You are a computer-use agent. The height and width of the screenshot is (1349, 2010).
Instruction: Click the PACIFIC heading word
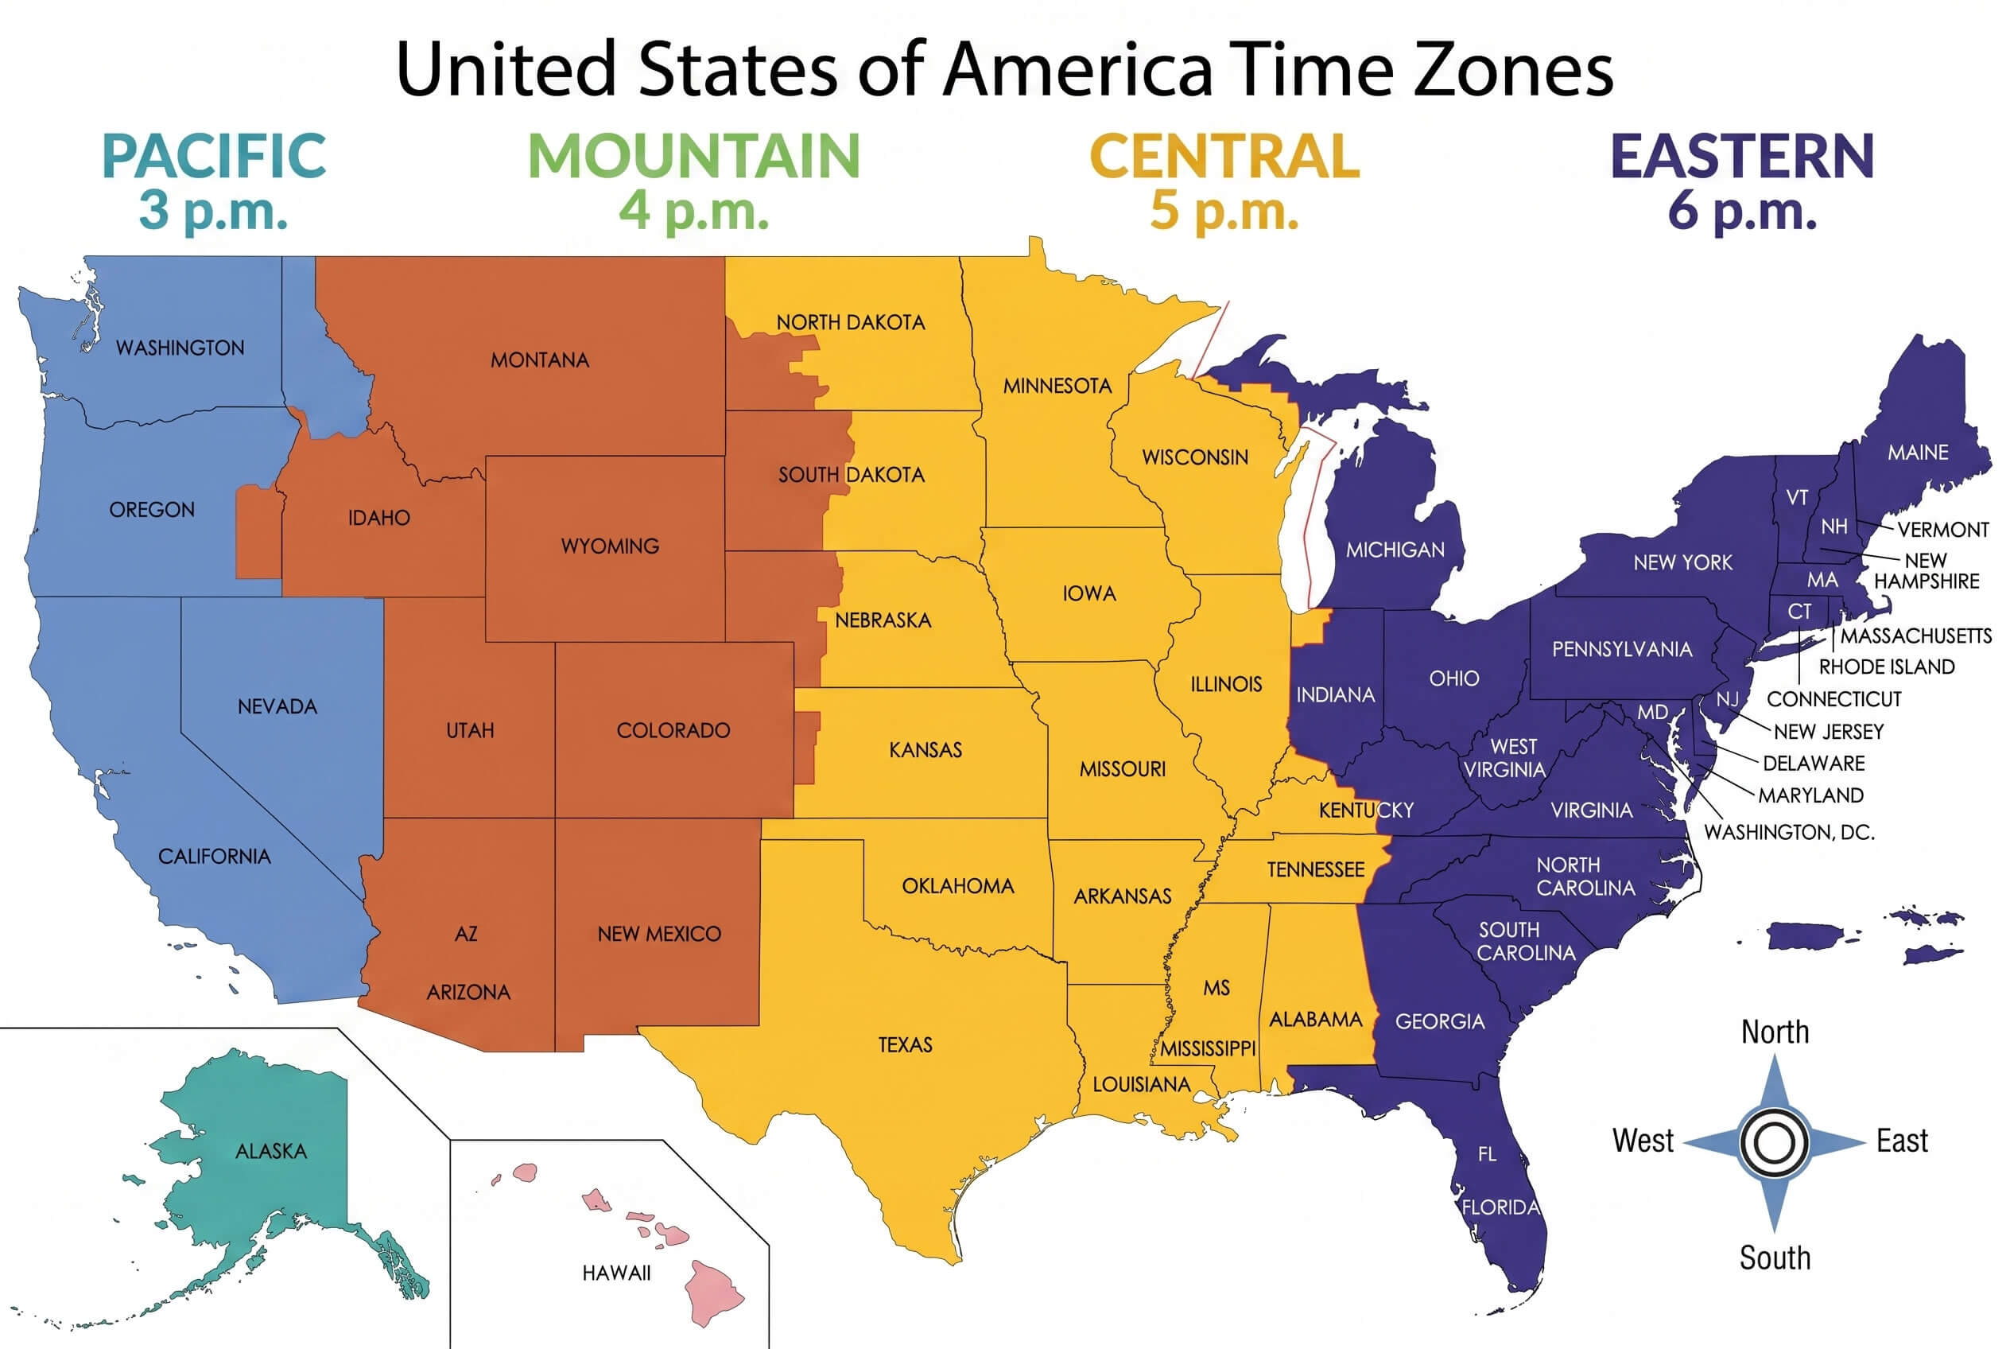(213, 157)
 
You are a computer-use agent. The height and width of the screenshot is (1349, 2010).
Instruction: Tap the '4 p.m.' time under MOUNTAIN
(693, 210)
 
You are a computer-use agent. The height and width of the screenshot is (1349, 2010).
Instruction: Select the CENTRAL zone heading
(1224, 157)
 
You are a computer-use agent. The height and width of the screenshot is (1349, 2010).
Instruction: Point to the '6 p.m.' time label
(1742, 210)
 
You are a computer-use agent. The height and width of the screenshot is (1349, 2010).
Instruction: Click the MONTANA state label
(539, 360)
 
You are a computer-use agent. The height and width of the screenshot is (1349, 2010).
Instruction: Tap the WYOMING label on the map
(610, 546)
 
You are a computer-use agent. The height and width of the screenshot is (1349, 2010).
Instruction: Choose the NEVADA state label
(277, 706)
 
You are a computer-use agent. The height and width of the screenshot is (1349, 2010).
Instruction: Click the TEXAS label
(905, 1044)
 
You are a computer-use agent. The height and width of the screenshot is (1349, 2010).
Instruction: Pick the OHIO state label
(1453, 678)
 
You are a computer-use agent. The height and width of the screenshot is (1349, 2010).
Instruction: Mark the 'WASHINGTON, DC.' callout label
(1788, 832)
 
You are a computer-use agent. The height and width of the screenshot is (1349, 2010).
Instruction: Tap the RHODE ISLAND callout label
(1886, 667)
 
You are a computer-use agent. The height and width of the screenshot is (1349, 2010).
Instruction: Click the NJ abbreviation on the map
(1726, 699)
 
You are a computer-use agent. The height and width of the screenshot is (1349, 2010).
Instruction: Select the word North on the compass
(1775, 1032)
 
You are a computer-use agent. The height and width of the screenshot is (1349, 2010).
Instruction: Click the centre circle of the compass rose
(1774, 1143)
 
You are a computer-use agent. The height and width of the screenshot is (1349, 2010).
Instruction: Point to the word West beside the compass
(1642, 1141)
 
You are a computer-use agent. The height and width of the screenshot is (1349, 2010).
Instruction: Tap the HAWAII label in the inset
(616, 1273)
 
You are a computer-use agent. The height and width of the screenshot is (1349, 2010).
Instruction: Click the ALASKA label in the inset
(271, 1151)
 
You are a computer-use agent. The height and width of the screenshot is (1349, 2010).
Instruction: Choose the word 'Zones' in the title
(1513, 69)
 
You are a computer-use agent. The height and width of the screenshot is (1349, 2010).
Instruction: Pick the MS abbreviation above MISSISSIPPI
(1216, 988)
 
